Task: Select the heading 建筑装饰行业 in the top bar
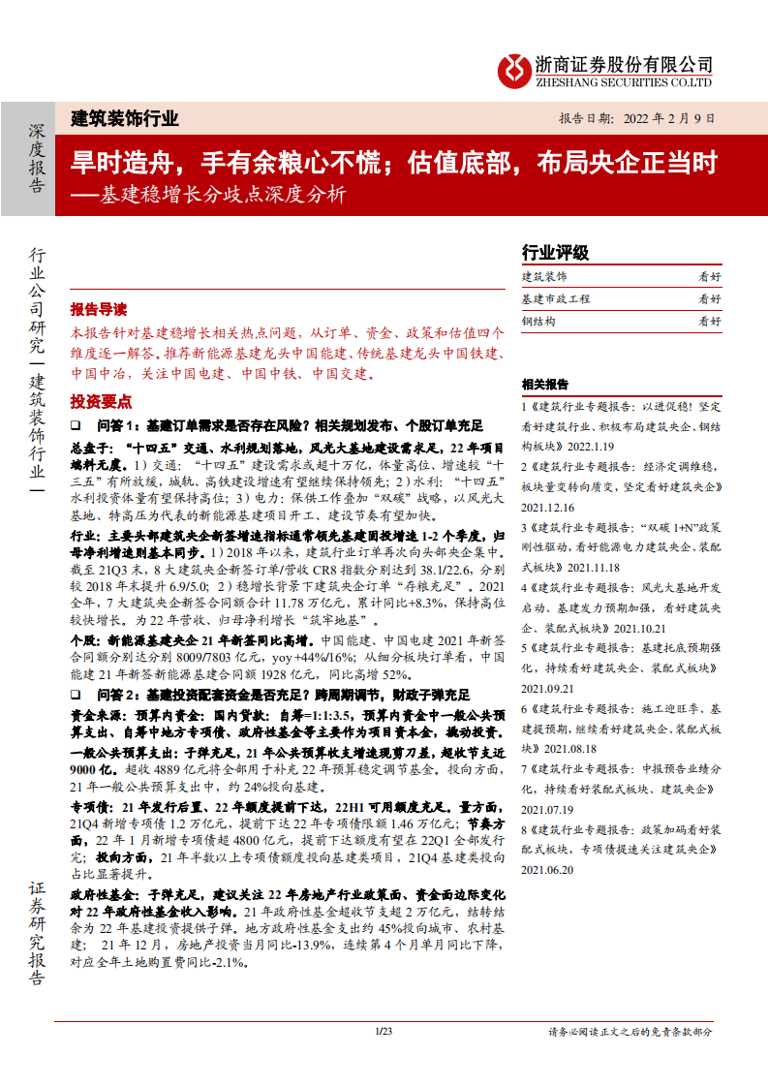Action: coord(125,119)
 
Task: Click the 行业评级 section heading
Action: coord(555,253)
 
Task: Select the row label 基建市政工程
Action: coord(556,299)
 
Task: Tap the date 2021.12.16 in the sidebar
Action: coord(547,507)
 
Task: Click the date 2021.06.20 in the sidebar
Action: coord(547,870)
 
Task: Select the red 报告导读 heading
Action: coord(98,309)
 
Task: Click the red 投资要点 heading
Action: coord(101,402)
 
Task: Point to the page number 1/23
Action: coord(384,1032)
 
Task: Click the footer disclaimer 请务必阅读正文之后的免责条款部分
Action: coord(630,1033)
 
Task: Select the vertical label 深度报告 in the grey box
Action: coord(36,158)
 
